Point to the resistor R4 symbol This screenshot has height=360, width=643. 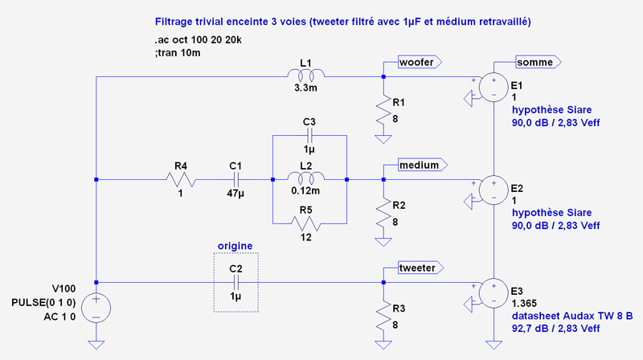click(179, 179)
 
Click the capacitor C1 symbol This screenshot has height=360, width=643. click(235, 179)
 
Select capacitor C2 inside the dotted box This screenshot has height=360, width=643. click(235, 283)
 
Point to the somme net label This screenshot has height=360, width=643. click(539, 62)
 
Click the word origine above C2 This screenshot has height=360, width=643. click(235, 245)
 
